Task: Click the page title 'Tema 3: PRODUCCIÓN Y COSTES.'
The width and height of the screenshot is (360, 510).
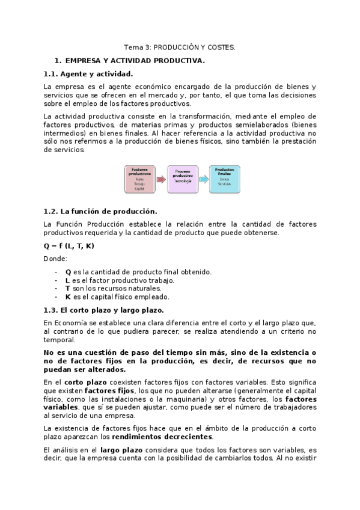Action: click(180, 46)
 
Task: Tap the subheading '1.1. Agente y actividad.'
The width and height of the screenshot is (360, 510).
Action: click(88, 74)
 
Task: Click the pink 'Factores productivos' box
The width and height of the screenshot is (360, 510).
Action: click(139, 179)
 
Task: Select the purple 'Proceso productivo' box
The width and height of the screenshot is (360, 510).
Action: click(182, 179)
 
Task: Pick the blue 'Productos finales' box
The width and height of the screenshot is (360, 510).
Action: click(224, 179)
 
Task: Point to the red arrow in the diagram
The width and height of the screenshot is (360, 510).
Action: click(160, 180)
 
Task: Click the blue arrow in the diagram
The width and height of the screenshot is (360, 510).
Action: click(203, 180)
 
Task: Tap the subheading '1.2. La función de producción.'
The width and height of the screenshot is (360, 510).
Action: click(100, 211)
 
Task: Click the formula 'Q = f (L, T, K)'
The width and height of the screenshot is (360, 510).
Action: click(69, 246)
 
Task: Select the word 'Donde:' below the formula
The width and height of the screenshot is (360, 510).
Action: click(55, 259)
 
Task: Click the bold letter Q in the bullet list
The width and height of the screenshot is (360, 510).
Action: click(68, 272)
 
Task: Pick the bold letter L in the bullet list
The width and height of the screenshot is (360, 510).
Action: click(67, 280)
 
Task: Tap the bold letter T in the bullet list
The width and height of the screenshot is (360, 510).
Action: click(67, 289)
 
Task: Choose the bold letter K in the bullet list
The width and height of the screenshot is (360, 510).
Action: click(68, 296)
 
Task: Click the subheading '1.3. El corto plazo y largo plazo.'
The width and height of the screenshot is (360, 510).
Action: click(104, 310)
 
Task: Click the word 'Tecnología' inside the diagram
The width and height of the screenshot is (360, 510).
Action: click(182, 180)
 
